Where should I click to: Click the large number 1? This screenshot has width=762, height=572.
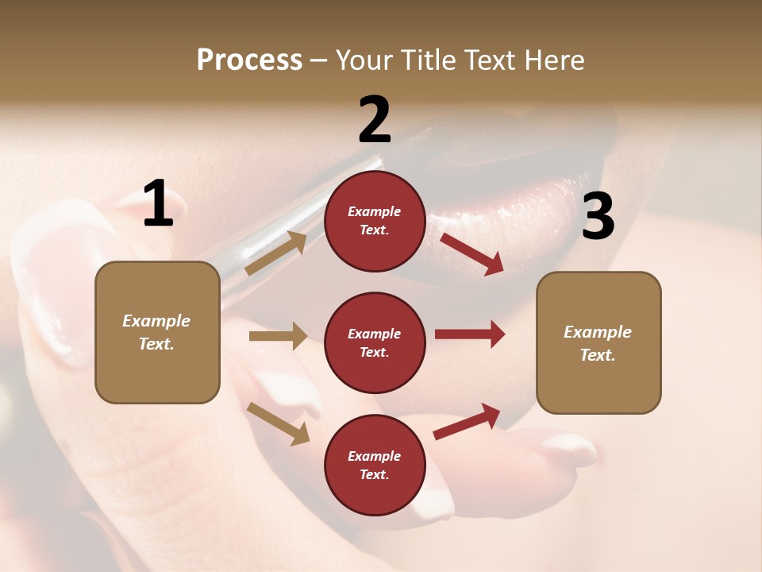point(158,204)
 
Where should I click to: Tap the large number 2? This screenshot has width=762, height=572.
point(375,120)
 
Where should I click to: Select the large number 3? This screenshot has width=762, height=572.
point(598,216)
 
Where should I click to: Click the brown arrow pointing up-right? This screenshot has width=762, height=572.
point(276,253)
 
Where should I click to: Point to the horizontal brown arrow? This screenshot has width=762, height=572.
point(278,336)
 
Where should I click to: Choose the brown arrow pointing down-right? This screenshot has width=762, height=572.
point(278,423)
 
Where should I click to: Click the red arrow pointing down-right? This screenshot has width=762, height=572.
point(471,254)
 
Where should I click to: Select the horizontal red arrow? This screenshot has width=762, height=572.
point(469,334)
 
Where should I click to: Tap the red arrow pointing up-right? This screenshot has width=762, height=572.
point(467,422)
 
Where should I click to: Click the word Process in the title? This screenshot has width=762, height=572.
point(249,60)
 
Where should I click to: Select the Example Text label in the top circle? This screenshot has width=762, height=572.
point(375,221)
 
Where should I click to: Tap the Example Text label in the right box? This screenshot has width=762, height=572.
point(598,343)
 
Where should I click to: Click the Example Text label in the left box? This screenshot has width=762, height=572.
point(156,332)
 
